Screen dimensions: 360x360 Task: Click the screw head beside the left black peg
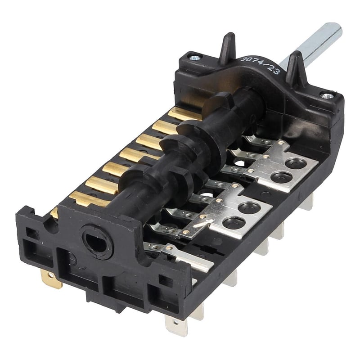194,57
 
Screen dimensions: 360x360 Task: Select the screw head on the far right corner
327,95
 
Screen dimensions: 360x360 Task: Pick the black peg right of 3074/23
295,67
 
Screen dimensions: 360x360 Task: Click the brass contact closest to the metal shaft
182,114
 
